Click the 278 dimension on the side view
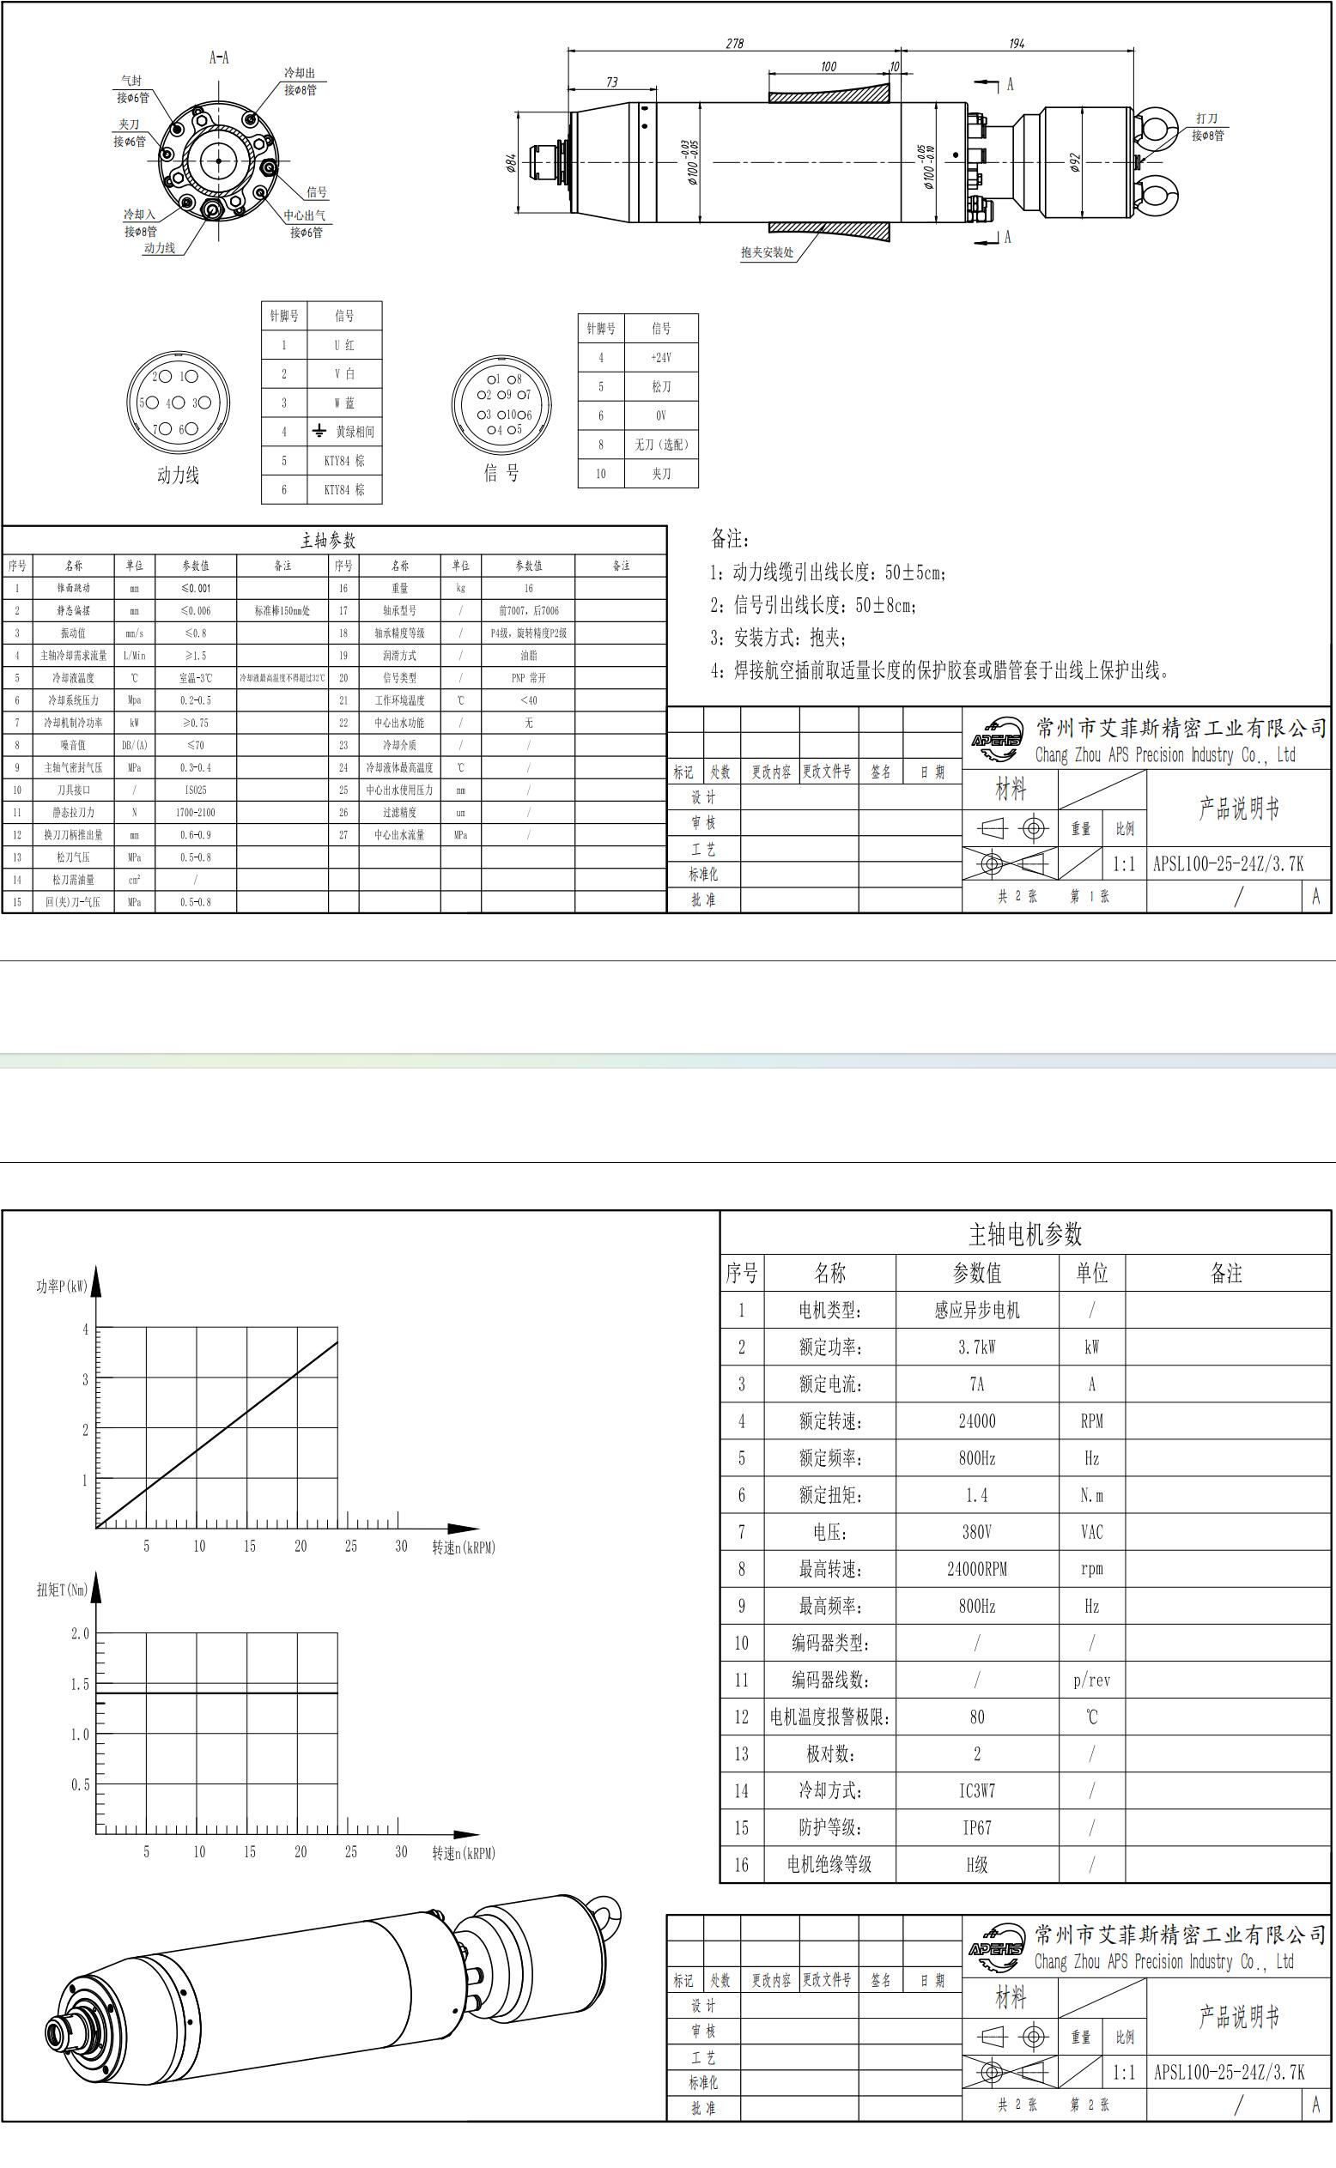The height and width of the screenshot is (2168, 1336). (734, 43)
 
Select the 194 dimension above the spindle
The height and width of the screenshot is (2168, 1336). (1016, 43)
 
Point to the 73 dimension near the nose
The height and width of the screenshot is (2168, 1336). (611, 82)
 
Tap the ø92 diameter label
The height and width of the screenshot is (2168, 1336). (1075, 162)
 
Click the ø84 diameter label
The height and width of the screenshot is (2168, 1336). (512, 163)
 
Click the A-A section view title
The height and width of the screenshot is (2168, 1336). (219, 58)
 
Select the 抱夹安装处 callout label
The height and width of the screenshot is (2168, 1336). (767, 252)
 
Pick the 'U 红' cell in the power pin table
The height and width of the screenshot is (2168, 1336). (344, 345)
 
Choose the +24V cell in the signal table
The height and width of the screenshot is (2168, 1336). (661, 358)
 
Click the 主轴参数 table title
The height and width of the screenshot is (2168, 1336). (328, 541)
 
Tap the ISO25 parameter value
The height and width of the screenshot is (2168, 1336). (195, 790)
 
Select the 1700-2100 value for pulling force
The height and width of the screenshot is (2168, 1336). (195, 813)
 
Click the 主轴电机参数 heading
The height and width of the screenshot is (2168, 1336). (1025, 1234)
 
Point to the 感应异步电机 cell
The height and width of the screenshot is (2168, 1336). (976, 1311)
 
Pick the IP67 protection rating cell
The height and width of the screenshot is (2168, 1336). (976, 1828)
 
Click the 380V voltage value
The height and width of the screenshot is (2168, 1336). (976, 1532)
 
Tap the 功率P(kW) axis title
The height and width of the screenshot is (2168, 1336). (62, 1287)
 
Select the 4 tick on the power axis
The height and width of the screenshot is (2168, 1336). (86, 1329)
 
